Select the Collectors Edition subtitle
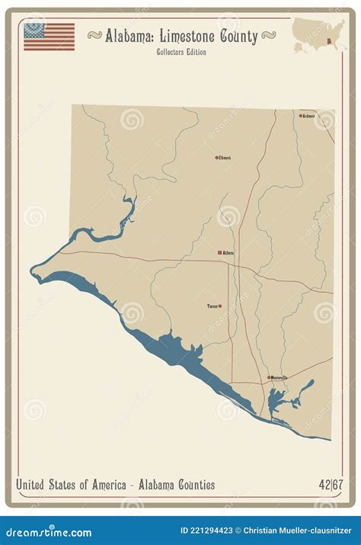click(x=180, y=52)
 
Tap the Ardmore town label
click(x=308, y=117)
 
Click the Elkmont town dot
click(x=216, y=158)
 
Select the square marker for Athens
click(x=219, y=252)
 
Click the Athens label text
click(x=228, y=253)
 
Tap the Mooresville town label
click(x=279, y=377)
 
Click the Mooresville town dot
click(x=268, y=377)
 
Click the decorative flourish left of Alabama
click(x=95, y=35)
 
